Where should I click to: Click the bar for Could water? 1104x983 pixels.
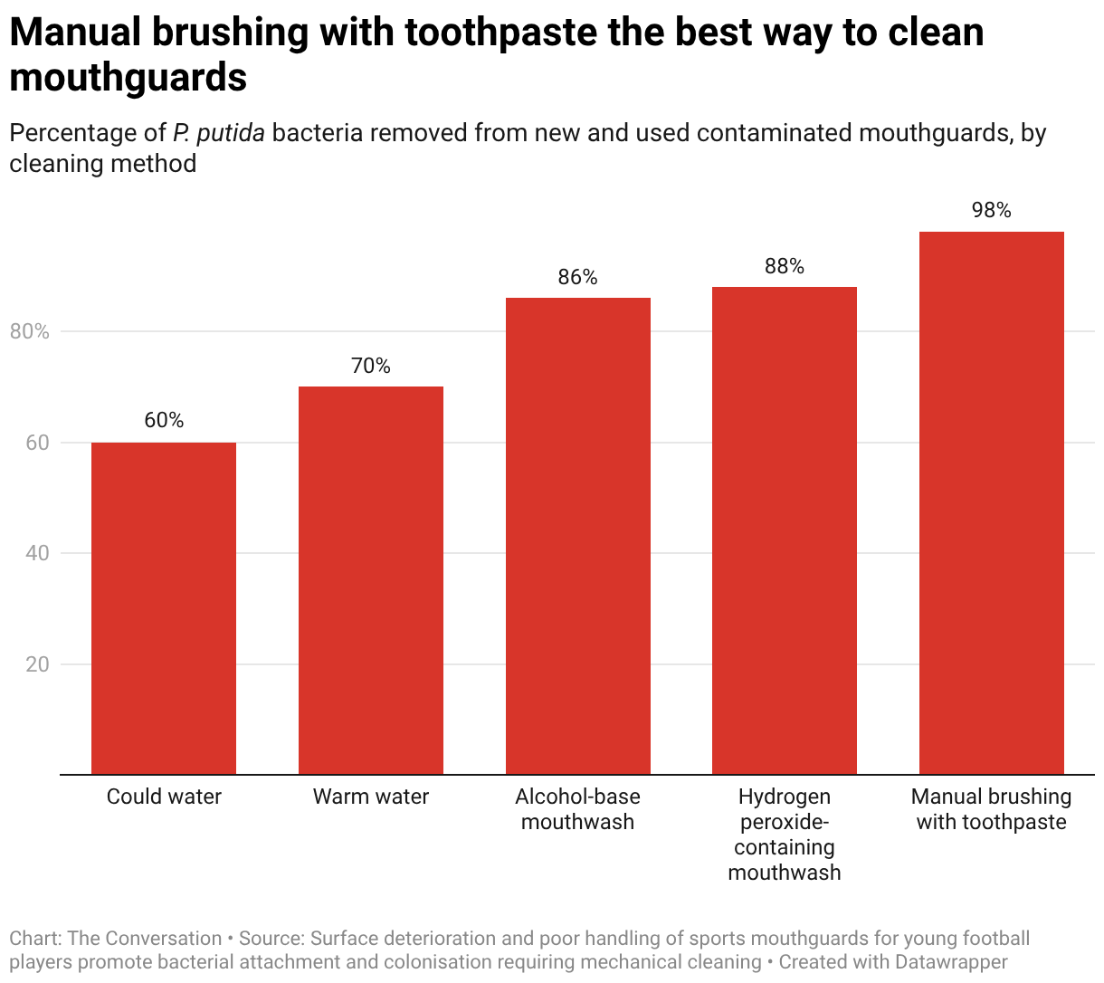[164, 608]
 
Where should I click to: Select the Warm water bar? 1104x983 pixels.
[371, 580]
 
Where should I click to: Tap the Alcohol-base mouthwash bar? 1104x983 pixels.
[577, 536]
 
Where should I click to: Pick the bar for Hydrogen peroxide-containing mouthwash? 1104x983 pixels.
[785, 530]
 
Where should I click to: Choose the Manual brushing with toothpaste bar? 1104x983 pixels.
[992, 503]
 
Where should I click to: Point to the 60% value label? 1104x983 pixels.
[164, 420]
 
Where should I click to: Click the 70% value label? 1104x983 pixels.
[371, 366]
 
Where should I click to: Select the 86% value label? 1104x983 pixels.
[577, 277]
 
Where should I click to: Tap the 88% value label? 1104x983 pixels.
[785, 266]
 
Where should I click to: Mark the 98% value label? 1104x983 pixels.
[992, 210]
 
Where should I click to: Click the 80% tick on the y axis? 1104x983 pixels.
[30, 332]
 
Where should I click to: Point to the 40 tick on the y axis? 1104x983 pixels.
[37, 553]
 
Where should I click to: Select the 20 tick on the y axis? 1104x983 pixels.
[37, 664]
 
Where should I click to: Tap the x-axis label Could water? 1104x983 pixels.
[164, 797]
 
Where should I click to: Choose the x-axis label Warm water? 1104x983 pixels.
[371, 797]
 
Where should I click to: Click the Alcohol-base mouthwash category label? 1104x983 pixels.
[577, 809]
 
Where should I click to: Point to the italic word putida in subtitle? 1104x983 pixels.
[231, 133]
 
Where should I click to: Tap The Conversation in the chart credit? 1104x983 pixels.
[145, 939]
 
